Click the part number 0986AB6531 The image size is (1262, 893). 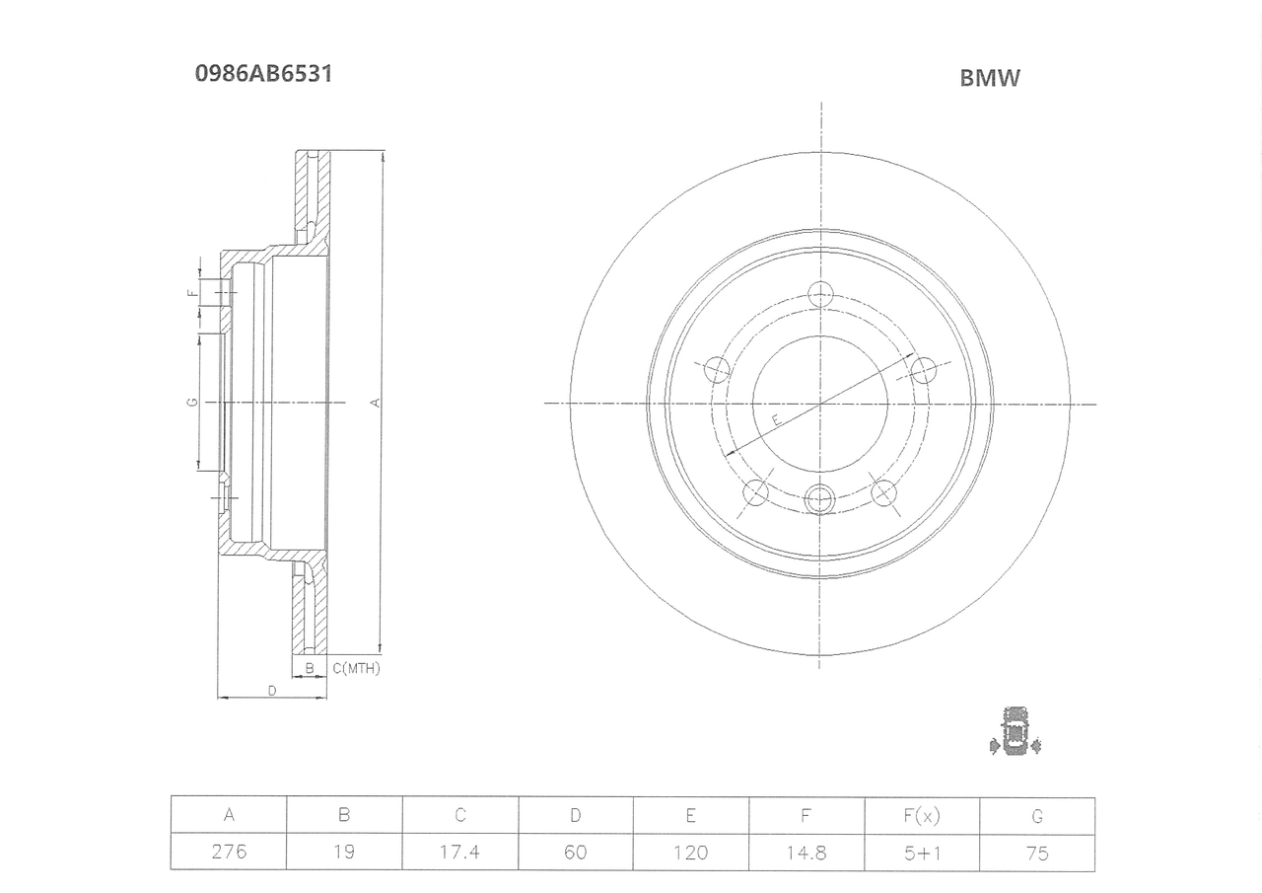click(x=263, y=74)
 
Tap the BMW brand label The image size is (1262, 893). click(x=989, y=78)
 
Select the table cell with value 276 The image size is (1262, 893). click(x=229, y=852)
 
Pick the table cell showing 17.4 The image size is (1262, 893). click(x=459, y=852)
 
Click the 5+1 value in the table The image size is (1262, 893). click(x=922, y=854)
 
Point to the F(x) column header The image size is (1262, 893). click(x=922, y=816)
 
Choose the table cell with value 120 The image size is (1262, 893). click(x=691, y=853)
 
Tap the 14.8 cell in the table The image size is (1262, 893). click(x=806, y=853)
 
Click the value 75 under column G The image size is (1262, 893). click(x=1037, y=854)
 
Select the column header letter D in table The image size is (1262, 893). click(x=575, y=815)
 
